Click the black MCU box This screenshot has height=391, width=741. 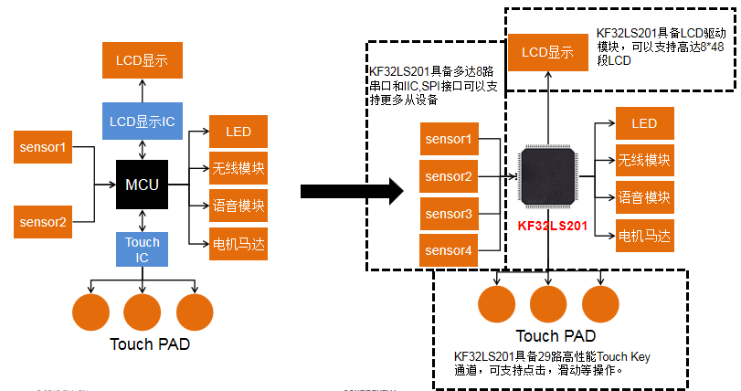tap(142, 185)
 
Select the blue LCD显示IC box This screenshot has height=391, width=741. tap(143, 122)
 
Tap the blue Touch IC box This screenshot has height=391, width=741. tap(142, 249)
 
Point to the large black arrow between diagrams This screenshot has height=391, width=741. tap(351, 191)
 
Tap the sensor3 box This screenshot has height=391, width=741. tap(449, 214)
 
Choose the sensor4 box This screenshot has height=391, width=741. tap(449, 250)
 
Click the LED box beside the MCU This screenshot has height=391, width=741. tap(238, 132)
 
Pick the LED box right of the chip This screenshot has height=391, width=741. tap(643, 123)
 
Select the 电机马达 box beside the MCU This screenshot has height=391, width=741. tap(238, 244)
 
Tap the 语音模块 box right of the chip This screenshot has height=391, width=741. tap(643, 197)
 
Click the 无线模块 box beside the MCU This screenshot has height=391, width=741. tap(238, 169)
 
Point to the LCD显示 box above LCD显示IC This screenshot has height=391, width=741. tap(142, 61)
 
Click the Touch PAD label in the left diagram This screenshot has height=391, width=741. tap(150, 344)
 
